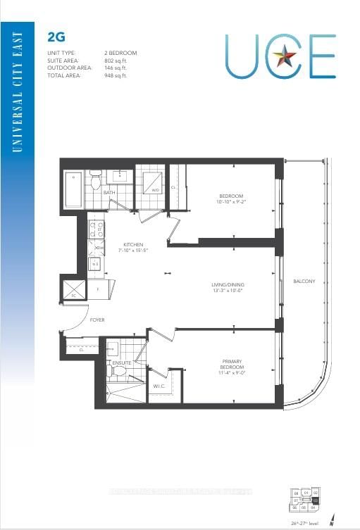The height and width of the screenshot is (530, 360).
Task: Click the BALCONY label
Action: point(305,282)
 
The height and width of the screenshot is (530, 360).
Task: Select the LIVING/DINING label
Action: point(228,285)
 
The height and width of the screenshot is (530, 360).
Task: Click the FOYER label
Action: point(97,320)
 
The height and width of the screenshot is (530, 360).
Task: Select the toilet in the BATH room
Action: point(97,182)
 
